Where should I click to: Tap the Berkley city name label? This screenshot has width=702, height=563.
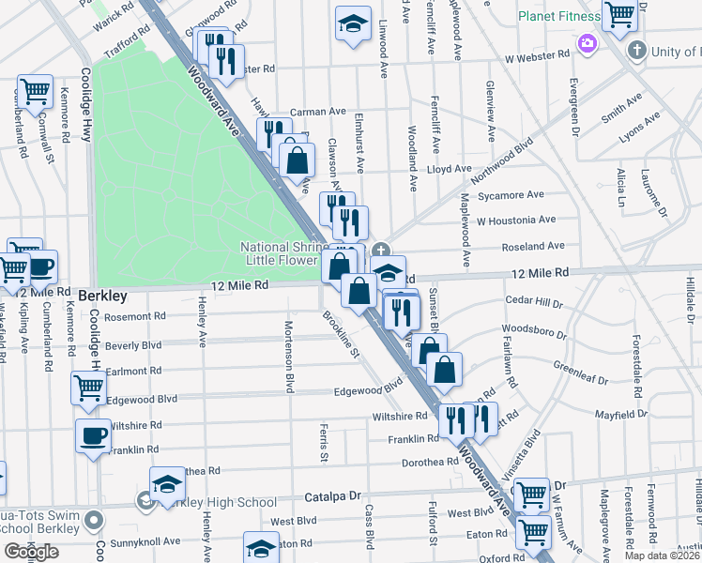pos(102,296)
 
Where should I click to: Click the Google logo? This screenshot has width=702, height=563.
pos(30,552)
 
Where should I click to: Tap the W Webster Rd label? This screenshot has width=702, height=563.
pos(537,55)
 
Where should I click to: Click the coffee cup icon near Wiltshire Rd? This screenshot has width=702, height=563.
pos(93,436)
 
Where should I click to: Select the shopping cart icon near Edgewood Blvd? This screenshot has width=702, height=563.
pos(88,387)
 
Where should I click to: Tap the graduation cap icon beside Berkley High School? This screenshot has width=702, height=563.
pos(168,484)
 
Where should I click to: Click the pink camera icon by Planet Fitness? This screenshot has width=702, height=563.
pos(588,43)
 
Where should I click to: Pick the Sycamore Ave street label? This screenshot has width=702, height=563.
pos(511,195)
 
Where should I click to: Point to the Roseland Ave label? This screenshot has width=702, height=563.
pos(534,246)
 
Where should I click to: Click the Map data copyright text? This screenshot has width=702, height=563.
pos(662,555)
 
